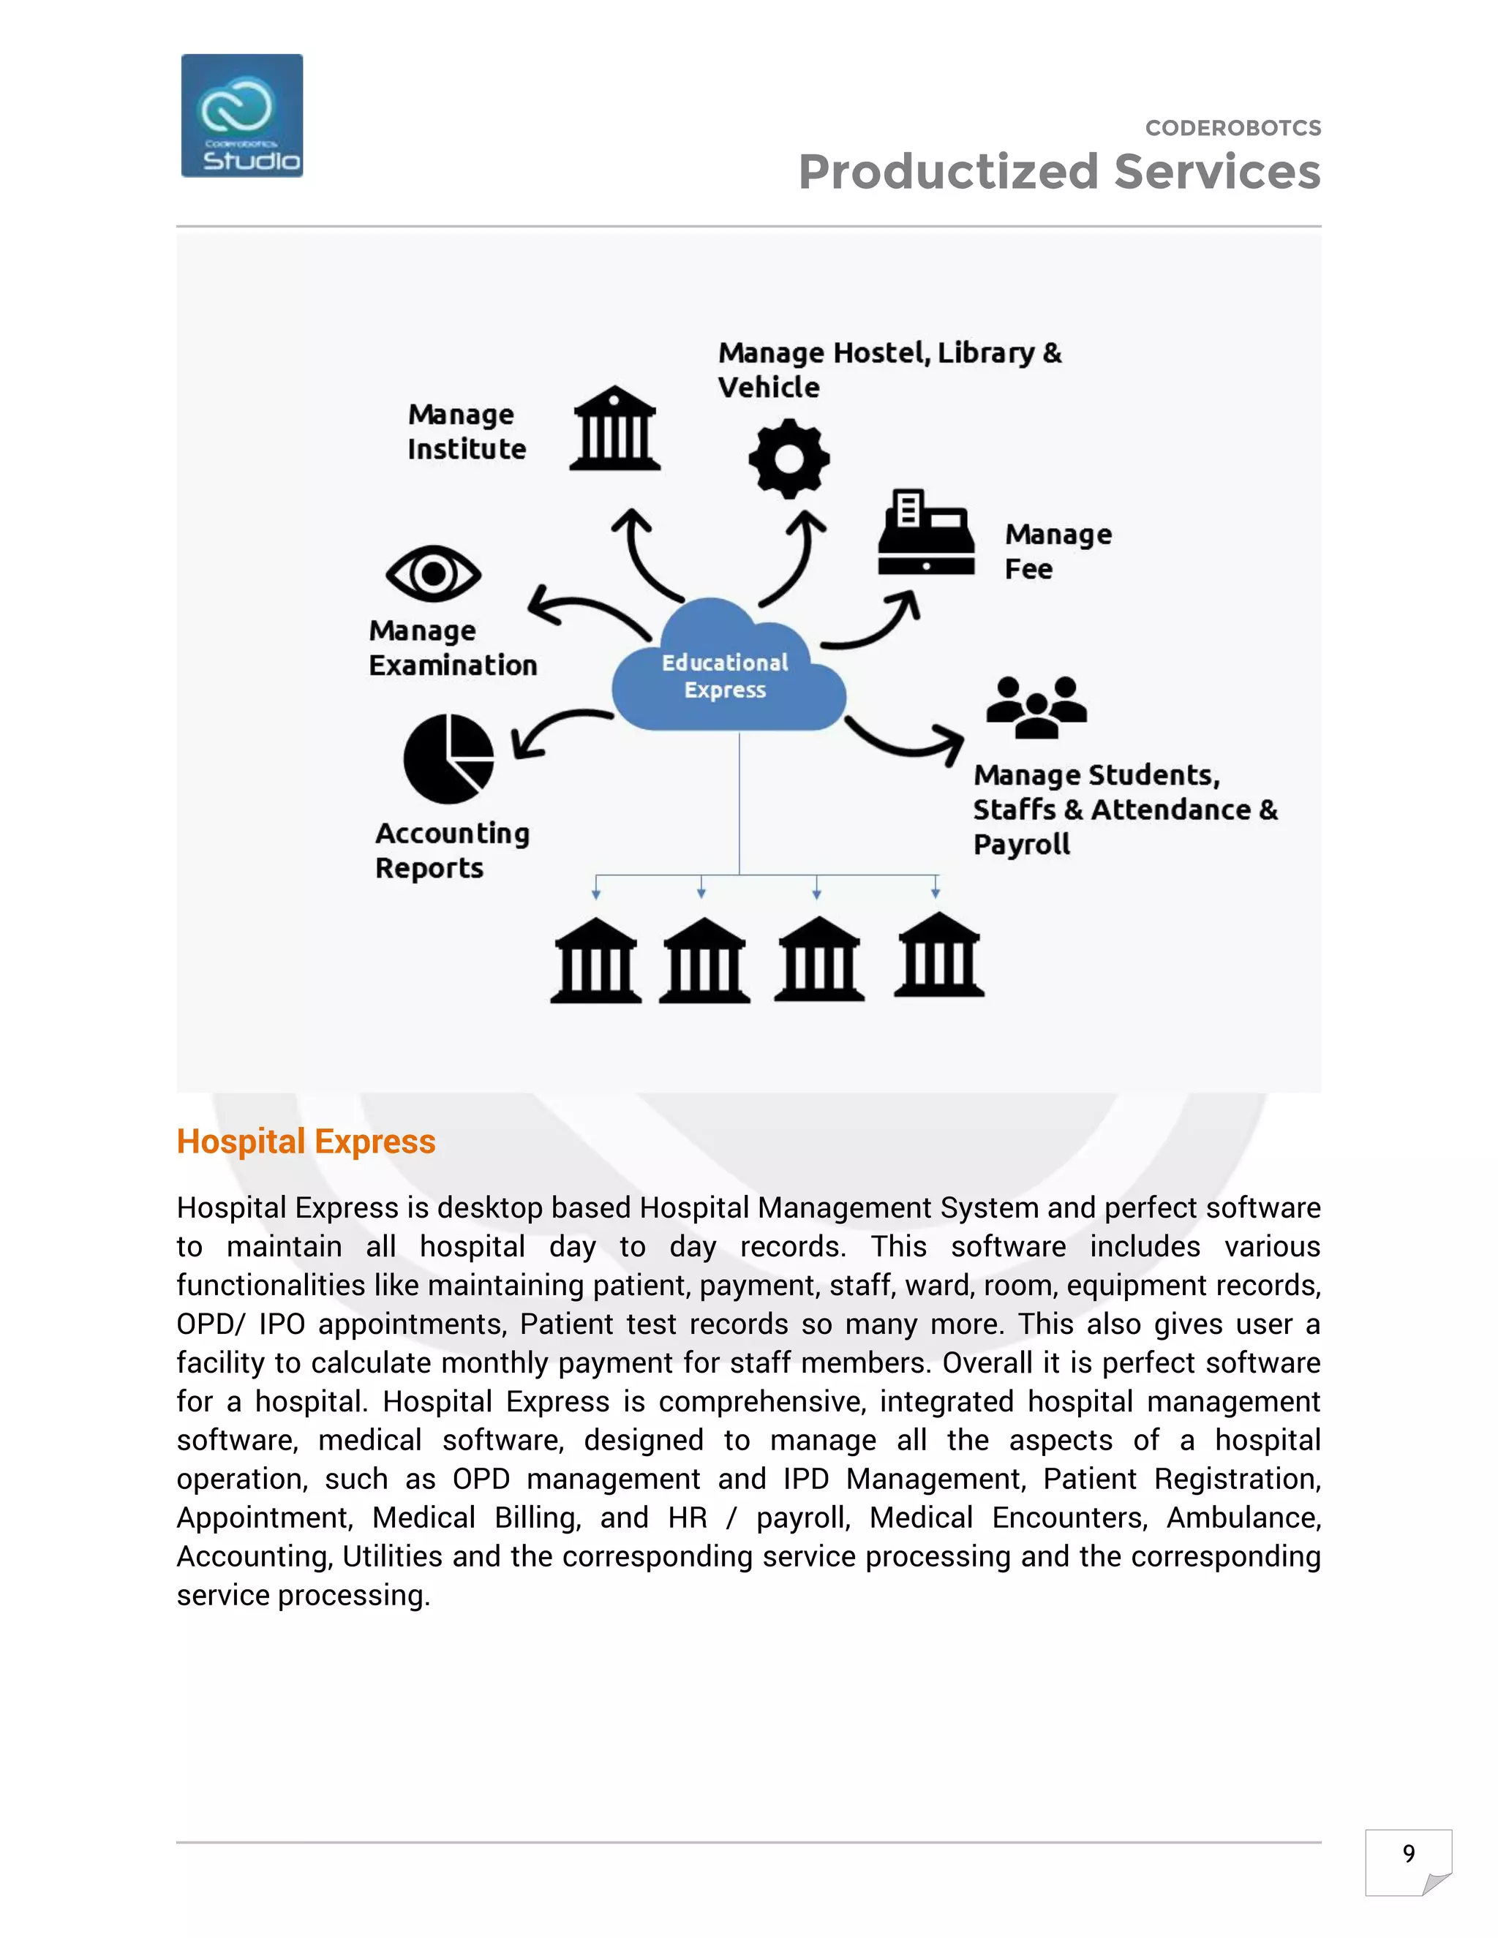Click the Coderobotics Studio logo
pyautogui.click(x=241, y=116)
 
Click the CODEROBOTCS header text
pyautogui.click(x=1232, y=128)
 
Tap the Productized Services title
pyautogui.click(x=1058, y=171)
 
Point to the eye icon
pyautogui.click(x=433, y=573)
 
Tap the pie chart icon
pyautogui.click(x=449, y=758)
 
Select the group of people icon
pyautogui.click(x=1036, y=707)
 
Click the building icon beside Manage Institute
pyautogui.click(x=614, y=429)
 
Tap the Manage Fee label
pyautogui.click(x=1057, y=551)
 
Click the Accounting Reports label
pyautogui.click(x=452, y=850)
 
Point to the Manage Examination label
pyautogui.click(x=453, y=648)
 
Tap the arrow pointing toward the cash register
pyautogui.click(x=874, y=625)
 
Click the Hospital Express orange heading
pyautogui.click(x=306, y=1141)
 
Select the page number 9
pyautogui.click(x=1408, y=1853)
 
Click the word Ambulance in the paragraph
pyautogui.click(x=1243, y=1517)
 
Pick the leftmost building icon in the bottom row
pyautogui.click(x=595, y=961)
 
